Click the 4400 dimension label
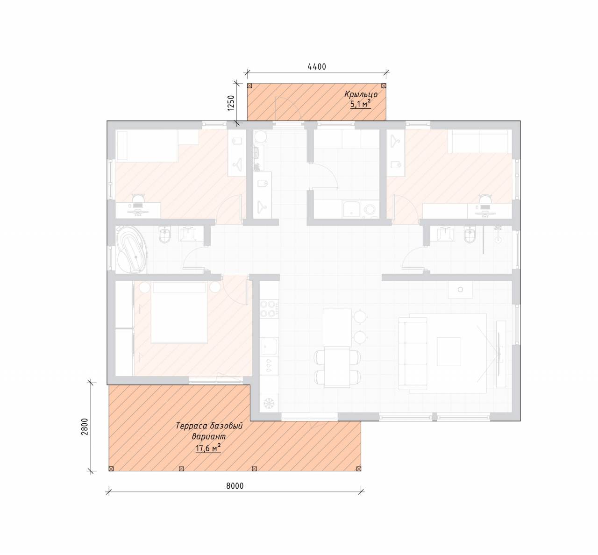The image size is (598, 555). [x=317, y=66]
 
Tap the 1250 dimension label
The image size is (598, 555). [x=231, y=103]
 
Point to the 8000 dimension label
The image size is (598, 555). [x=235, y=486]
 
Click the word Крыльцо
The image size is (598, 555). [x=361, y=94]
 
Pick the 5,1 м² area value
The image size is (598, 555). [x=360, y=104]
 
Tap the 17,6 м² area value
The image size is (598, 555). [x=208, y=448]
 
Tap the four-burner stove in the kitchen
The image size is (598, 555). [x=269, y=309]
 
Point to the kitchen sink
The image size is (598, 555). [x=269, y=347]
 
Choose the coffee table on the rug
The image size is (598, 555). [x=448, y=351]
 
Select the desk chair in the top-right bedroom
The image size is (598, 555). [x=485, y=199]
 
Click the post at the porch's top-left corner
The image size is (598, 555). [x=249, y=86]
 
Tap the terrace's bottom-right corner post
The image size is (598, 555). [x=358, y=469]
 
